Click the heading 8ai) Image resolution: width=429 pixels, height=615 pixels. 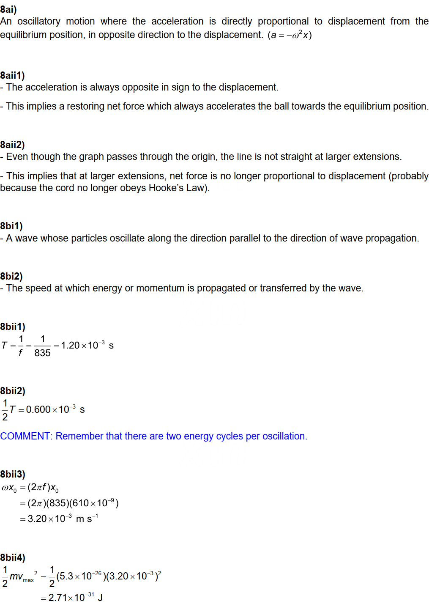(x=8, y=9)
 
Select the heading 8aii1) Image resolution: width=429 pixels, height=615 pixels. (x=12, y=75)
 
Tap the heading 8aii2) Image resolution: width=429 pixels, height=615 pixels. (x=12, y=145)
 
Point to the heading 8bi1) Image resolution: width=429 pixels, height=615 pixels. (x=11, y=226)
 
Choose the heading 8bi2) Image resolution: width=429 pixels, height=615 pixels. (x=11, y=276)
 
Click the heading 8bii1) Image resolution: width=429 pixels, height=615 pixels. (x=13, y=327)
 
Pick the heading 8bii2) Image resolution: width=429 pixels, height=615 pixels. (x=13, y=391)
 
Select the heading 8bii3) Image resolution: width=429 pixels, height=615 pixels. (x=13, y=474)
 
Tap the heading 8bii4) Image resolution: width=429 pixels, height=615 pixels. (x=13, y=557)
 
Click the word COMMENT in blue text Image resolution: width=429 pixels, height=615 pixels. (x=25, y=436)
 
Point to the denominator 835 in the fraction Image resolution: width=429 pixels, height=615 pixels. (x=42, y=353)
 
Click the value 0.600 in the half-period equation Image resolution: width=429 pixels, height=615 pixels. (x=38, y=409)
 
